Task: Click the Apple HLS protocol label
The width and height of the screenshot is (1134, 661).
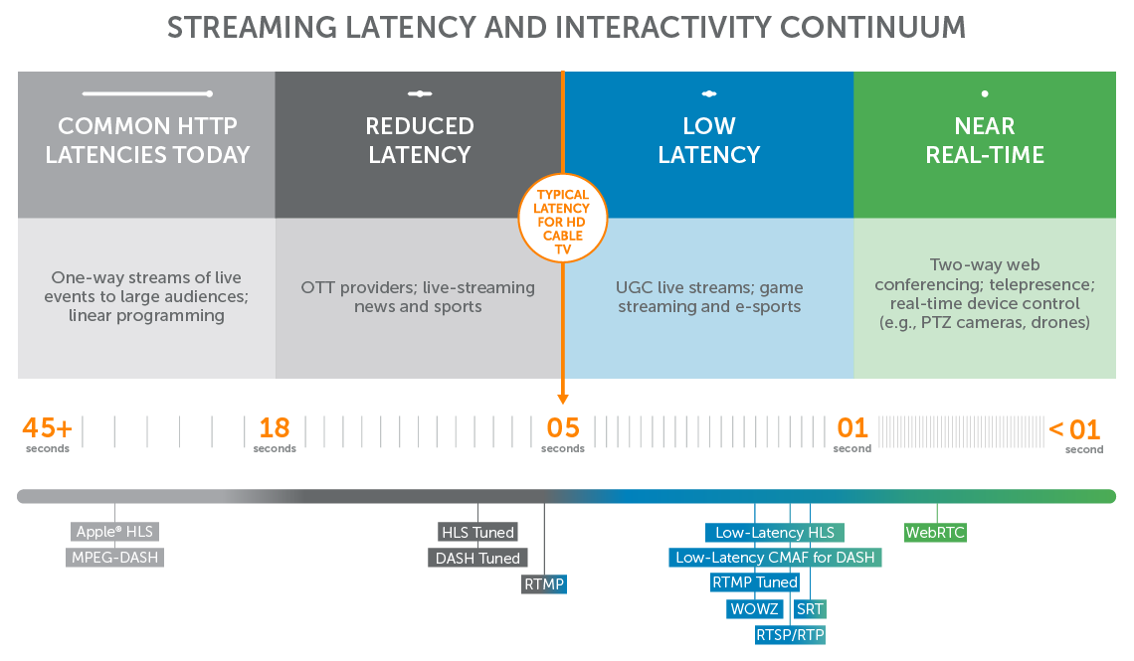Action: (x=114, y=532)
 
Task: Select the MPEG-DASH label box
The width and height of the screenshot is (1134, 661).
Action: (x=115, y=558)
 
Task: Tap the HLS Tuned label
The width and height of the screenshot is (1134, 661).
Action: (x=477, y=532)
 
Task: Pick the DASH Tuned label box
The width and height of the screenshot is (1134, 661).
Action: (x=477, y=558)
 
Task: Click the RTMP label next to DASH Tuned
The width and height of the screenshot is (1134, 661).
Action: (x=544, y=584)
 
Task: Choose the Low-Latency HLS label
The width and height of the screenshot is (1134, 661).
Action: (x=775, y=533)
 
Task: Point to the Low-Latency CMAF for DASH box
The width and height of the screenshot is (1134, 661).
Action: (x=775, y=558)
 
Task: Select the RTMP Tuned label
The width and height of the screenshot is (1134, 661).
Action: (x=755, y=582)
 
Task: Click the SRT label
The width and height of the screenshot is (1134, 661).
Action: (x=810, y=608)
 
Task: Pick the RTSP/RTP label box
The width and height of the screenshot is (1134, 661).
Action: (x=791, y=634)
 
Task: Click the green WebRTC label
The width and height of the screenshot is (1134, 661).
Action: (x=935, y=533)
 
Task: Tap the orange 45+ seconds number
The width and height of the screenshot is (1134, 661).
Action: (x=47, y=428)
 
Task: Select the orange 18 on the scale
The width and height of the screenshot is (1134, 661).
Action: (x=275, y=428)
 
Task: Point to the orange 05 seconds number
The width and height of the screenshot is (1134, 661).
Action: (x=563, y=428)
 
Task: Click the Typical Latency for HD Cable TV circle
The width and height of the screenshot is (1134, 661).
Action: (x=562, y=217)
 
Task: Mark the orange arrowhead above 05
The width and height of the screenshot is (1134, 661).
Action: (x=563, y=399)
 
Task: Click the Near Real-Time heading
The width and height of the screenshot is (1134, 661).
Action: (x=985, y=140)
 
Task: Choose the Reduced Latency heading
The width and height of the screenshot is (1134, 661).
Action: (x=420, y=140)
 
